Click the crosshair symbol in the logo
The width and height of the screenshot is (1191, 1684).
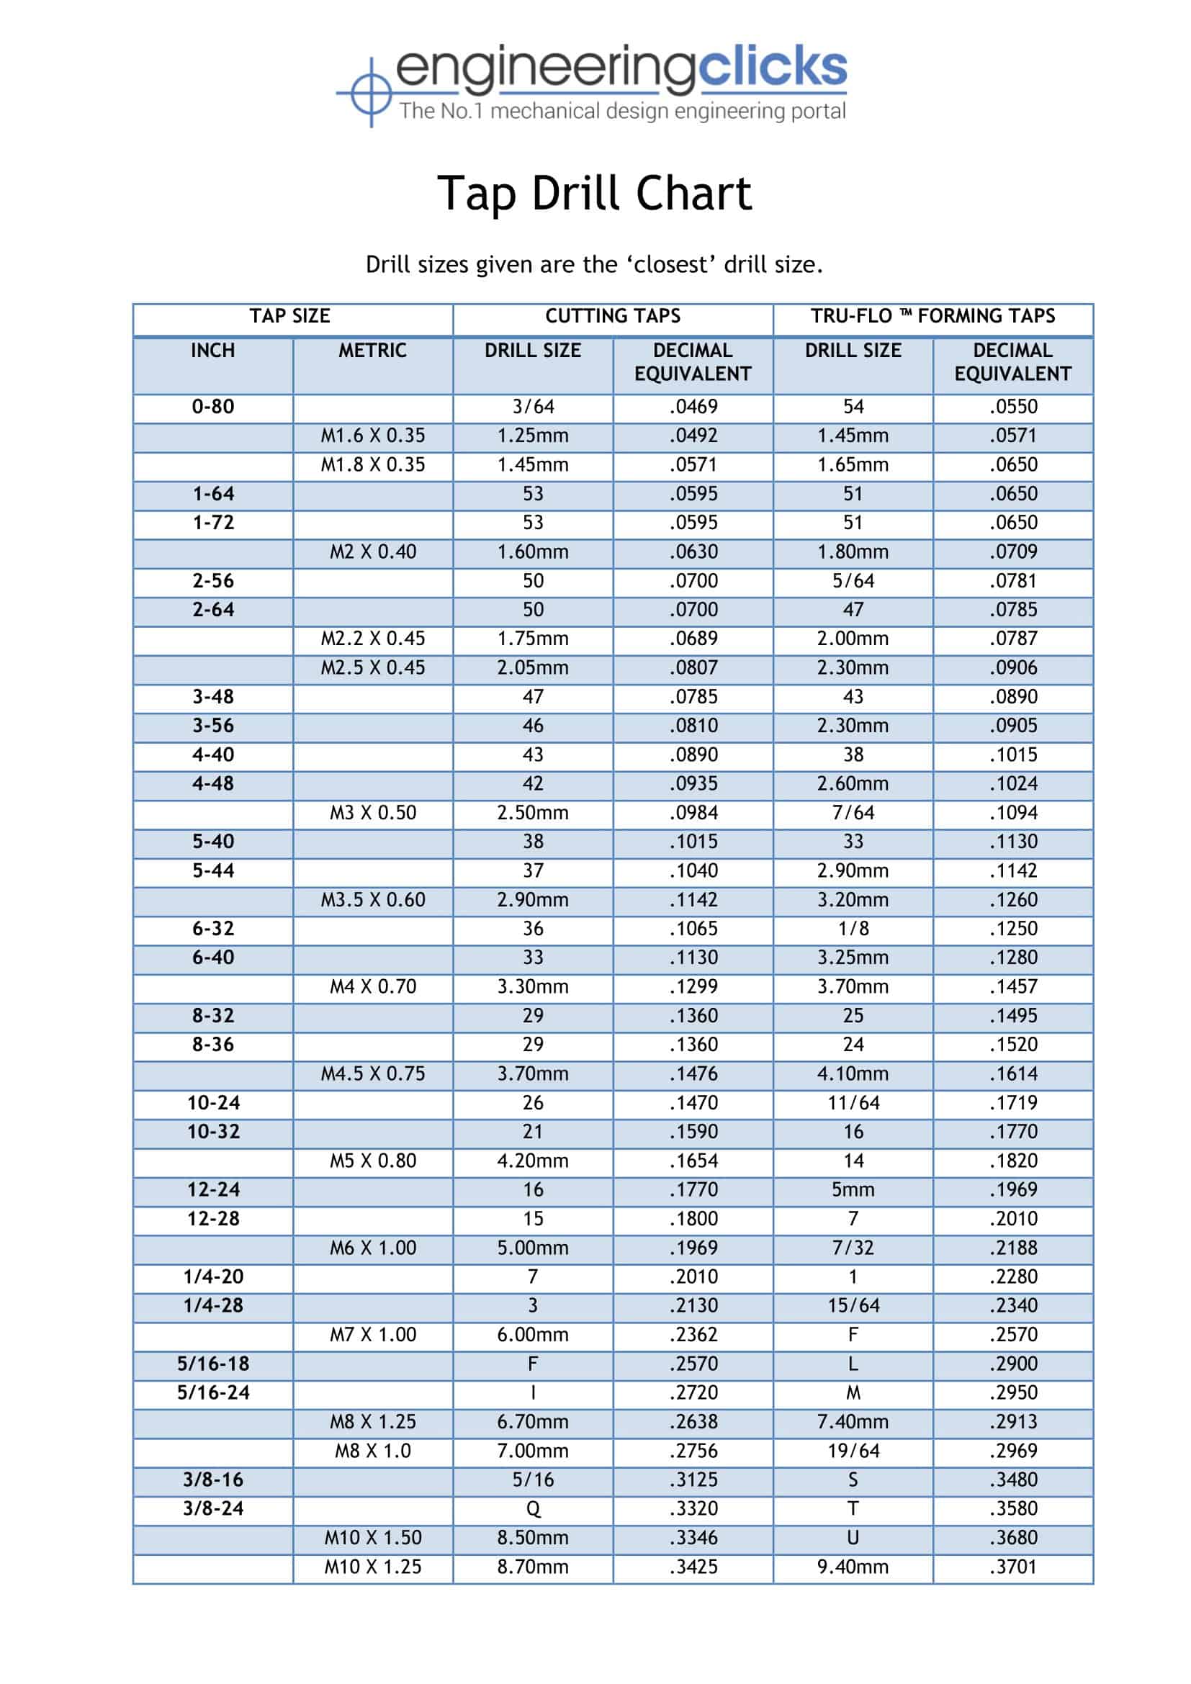(371, 92)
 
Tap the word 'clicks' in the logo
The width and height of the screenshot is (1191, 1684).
(772, 67)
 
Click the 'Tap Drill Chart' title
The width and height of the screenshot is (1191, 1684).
(594, 194)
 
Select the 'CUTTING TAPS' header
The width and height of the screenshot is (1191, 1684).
(612, 316)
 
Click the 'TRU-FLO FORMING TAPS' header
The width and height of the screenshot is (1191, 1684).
(932, 316)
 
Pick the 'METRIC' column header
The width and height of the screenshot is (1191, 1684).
(372, 351)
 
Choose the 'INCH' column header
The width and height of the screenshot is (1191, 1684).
(212, 351)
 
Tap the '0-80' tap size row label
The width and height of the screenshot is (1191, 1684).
(212, 406)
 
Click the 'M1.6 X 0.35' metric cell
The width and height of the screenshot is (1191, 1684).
(372, 436)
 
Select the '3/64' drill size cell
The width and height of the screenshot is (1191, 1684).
(533, 406)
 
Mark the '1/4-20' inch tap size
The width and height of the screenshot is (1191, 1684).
(212, 1277)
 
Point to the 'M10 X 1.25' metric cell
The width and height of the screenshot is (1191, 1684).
(372, 1567)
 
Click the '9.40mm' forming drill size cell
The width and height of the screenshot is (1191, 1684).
(853, 1567)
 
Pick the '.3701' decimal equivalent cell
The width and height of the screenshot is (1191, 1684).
(1013, 1567)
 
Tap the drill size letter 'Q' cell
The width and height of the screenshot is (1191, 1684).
(533, 1510)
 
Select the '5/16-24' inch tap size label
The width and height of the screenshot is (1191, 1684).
(212, 1393)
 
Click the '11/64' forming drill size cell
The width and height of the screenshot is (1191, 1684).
(853, 1103)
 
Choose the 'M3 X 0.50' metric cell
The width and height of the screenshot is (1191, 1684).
(372, 813)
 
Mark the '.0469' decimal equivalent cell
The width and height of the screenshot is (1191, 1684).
(693, 406)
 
